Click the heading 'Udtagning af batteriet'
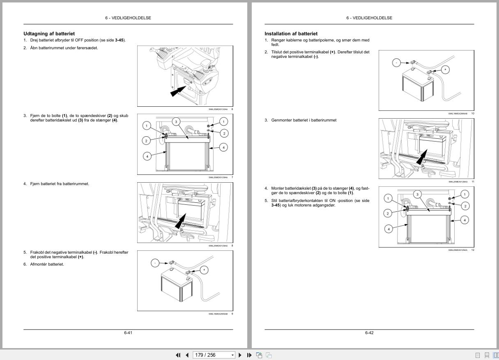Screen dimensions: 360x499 [x=49, y=34]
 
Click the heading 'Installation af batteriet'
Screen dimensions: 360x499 [x=291, y=34]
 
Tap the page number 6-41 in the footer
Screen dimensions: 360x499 [x=128, y=332]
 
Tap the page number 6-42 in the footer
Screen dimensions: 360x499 [x=369, y=332]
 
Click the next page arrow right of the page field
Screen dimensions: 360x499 [x=240, y=355]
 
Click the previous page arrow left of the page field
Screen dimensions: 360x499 [x=187, y=355]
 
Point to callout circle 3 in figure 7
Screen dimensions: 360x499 [x=176, y=122]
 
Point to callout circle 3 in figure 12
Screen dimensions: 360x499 [x=417, y=194]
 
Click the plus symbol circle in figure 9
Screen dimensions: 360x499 [x=204, y=270]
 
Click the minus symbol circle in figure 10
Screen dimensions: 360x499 [x=396, y=62]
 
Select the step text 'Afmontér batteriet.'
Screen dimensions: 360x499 [x=47, y=264]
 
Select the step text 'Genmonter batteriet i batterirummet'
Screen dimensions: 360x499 [x=304, y=120]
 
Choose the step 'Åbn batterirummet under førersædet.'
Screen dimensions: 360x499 [x=64, y=48]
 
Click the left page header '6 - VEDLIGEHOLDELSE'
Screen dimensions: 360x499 [x=128, y=18]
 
